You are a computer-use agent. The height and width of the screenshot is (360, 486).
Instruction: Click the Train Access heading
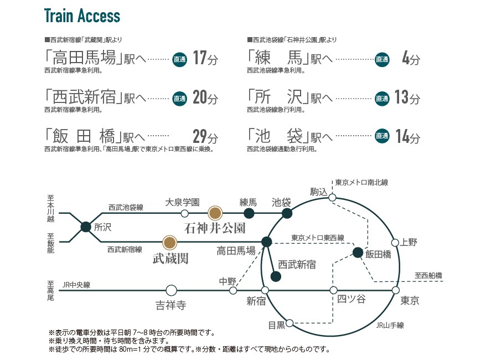pyautogui.click(x=82, y=16)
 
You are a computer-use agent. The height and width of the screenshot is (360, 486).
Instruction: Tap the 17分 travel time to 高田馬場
pyautogui.click(x=205, y=58)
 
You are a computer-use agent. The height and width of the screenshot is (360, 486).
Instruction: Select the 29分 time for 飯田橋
pyautogui.click(x=205, y=136)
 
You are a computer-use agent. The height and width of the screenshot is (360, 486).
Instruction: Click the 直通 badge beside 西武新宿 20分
pyautogui.click(x=180, y=98)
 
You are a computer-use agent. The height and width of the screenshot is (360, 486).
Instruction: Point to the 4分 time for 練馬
pyautogui.click(x=411, y=58)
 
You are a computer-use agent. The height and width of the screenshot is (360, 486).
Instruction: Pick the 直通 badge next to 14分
pyautogui.click(x=382, y=136)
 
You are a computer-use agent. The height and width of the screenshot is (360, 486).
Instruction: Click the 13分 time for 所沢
pyautogui.click(x=407, y=97)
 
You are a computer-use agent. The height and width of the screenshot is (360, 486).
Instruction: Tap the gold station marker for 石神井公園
pyautogui.click(x=215, y=213)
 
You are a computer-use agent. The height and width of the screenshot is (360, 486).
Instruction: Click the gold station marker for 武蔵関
pyautogui.click(x=170, y=243)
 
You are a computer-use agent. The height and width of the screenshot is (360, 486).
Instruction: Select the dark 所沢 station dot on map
pyautogui.click(x=86, y=227)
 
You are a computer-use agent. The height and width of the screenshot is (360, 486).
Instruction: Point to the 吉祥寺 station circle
pyautogui.click(x=171, y=291)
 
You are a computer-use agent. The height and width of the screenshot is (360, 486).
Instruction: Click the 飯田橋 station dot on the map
pyautogui.click(x=358, y=253)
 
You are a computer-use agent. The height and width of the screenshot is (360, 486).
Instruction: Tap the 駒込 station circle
pyautogui.click(x=332, y=197)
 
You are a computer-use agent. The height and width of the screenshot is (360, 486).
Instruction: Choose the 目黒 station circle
pyautogui.click(x=289, y=323)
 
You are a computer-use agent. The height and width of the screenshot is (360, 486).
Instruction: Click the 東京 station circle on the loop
pyautogui.click(x=396, y=290)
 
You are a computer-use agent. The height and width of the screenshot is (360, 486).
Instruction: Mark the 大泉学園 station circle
pyautogui.click(x=185, y=213)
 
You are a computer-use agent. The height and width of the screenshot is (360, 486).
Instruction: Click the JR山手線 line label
pyautogui.click(x=390, y=325)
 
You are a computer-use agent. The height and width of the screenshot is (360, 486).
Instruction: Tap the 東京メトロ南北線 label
pyautogui.click(x=361, y=182)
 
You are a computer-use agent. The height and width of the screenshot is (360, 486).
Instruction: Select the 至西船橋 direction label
pyautogui.click(x=428, y=275)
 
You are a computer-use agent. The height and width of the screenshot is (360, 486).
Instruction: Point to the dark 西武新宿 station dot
pyautogui.click(x=276, y=276)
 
